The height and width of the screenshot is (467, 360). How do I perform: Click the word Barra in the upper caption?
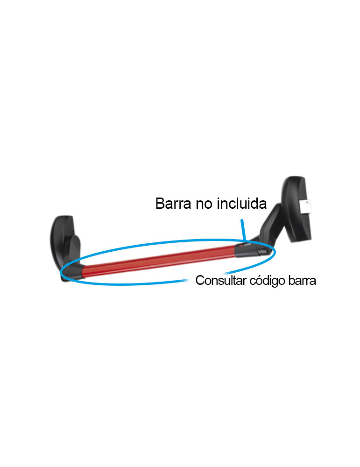[173, 204]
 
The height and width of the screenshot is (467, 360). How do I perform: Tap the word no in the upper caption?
[204, 205]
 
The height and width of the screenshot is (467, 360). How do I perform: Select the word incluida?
[241, 204]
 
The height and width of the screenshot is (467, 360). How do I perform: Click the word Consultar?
[221, 280]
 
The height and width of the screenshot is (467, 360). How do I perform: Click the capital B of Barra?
[160, 204]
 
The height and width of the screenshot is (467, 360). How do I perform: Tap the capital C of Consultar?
[200, 280]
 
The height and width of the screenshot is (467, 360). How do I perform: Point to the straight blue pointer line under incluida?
[244, 230]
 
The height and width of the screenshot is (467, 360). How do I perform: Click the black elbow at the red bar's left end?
[74, 270]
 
